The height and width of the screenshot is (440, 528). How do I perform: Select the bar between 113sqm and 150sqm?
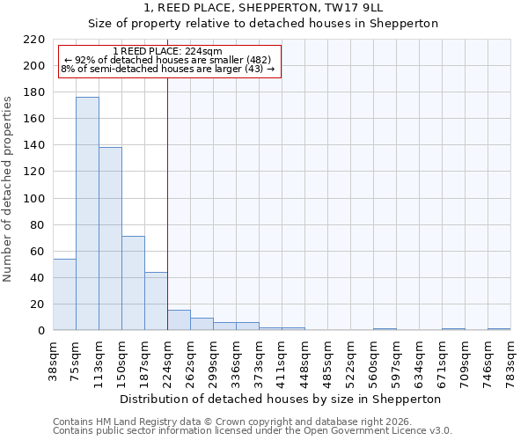110,238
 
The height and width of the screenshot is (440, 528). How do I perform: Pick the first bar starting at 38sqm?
64,295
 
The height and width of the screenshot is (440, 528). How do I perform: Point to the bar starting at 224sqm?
179,320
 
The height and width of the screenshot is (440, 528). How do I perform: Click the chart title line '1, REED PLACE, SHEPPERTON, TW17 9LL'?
264,8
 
